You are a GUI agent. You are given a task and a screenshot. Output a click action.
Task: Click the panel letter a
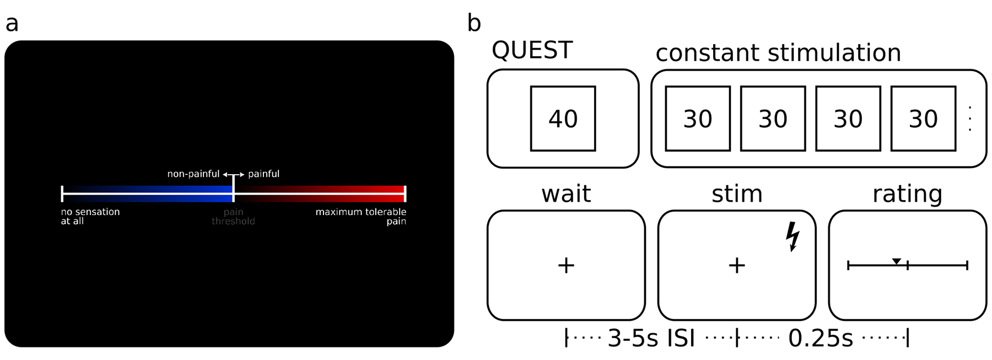[x=12, y=24]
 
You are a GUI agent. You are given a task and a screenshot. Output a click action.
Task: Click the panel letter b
[x=474, y=23]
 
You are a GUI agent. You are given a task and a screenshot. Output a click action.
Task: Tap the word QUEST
[x=532, y=51]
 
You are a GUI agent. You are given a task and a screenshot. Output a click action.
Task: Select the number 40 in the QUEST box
[x=563, y=119]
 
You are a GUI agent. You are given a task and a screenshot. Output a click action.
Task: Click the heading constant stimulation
[x=778, y=53]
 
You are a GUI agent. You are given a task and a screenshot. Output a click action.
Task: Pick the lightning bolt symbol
[x=792, y=237]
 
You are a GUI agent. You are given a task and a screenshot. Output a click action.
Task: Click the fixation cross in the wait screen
[x=566, y=266]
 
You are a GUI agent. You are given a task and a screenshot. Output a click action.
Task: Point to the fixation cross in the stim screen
[x=737, y=266]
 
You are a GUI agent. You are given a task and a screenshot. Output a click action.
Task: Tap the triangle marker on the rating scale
[x=897, y=261]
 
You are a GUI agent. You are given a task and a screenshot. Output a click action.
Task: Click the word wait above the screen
[x=566, y=194]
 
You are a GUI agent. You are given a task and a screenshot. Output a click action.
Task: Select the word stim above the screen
[x=737, y=194]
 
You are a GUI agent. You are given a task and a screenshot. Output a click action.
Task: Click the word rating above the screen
[x=907, y=194]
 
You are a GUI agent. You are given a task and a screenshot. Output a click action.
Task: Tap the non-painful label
[x=193, y=174]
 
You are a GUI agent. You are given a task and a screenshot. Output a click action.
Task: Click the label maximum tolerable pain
[x=360, y=217]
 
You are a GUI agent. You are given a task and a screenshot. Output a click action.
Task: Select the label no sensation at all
[x=90, y=217]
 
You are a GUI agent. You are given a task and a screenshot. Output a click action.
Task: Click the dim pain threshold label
[x=233, y=217]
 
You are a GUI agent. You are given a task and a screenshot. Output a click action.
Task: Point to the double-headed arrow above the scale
[x=234, y=175]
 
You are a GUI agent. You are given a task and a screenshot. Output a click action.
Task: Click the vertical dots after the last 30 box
[x=969, y=119]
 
